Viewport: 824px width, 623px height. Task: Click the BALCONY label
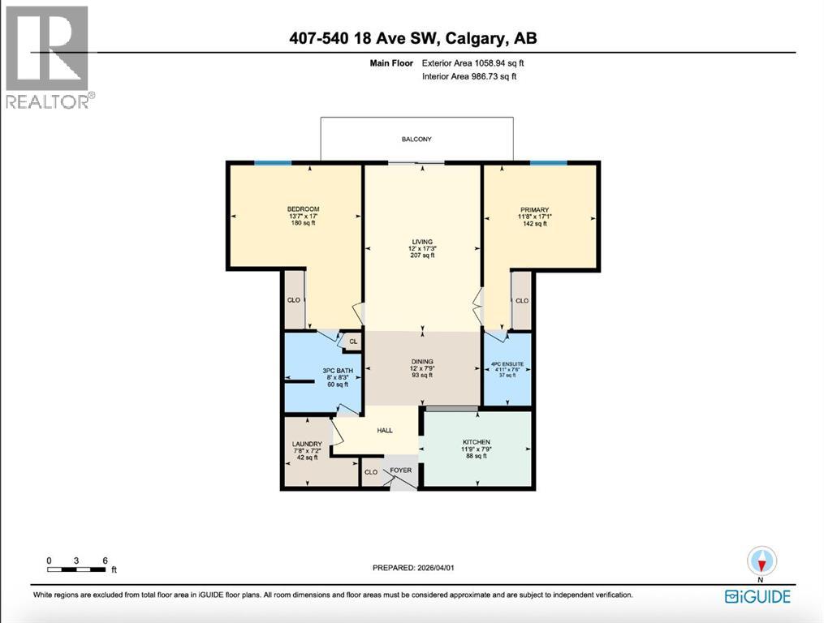(416, 140)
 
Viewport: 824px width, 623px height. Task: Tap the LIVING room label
(421, 241)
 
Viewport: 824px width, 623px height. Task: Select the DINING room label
(421, 361)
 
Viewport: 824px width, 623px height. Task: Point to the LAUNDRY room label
(307, 444)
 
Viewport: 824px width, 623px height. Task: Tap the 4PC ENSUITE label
(507, 364)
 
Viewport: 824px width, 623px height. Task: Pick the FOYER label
(400, 470)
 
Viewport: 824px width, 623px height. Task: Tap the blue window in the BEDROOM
(273, 163)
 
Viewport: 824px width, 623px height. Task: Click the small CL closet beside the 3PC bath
(352, 342)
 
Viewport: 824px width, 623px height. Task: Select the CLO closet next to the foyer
(371, 472)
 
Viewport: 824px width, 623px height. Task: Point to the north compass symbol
(761, 561)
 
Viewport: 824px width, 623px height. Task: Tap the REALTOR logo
(49, 57)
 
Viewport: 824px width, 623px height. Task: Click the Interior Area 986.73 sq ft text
(469, 76)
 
